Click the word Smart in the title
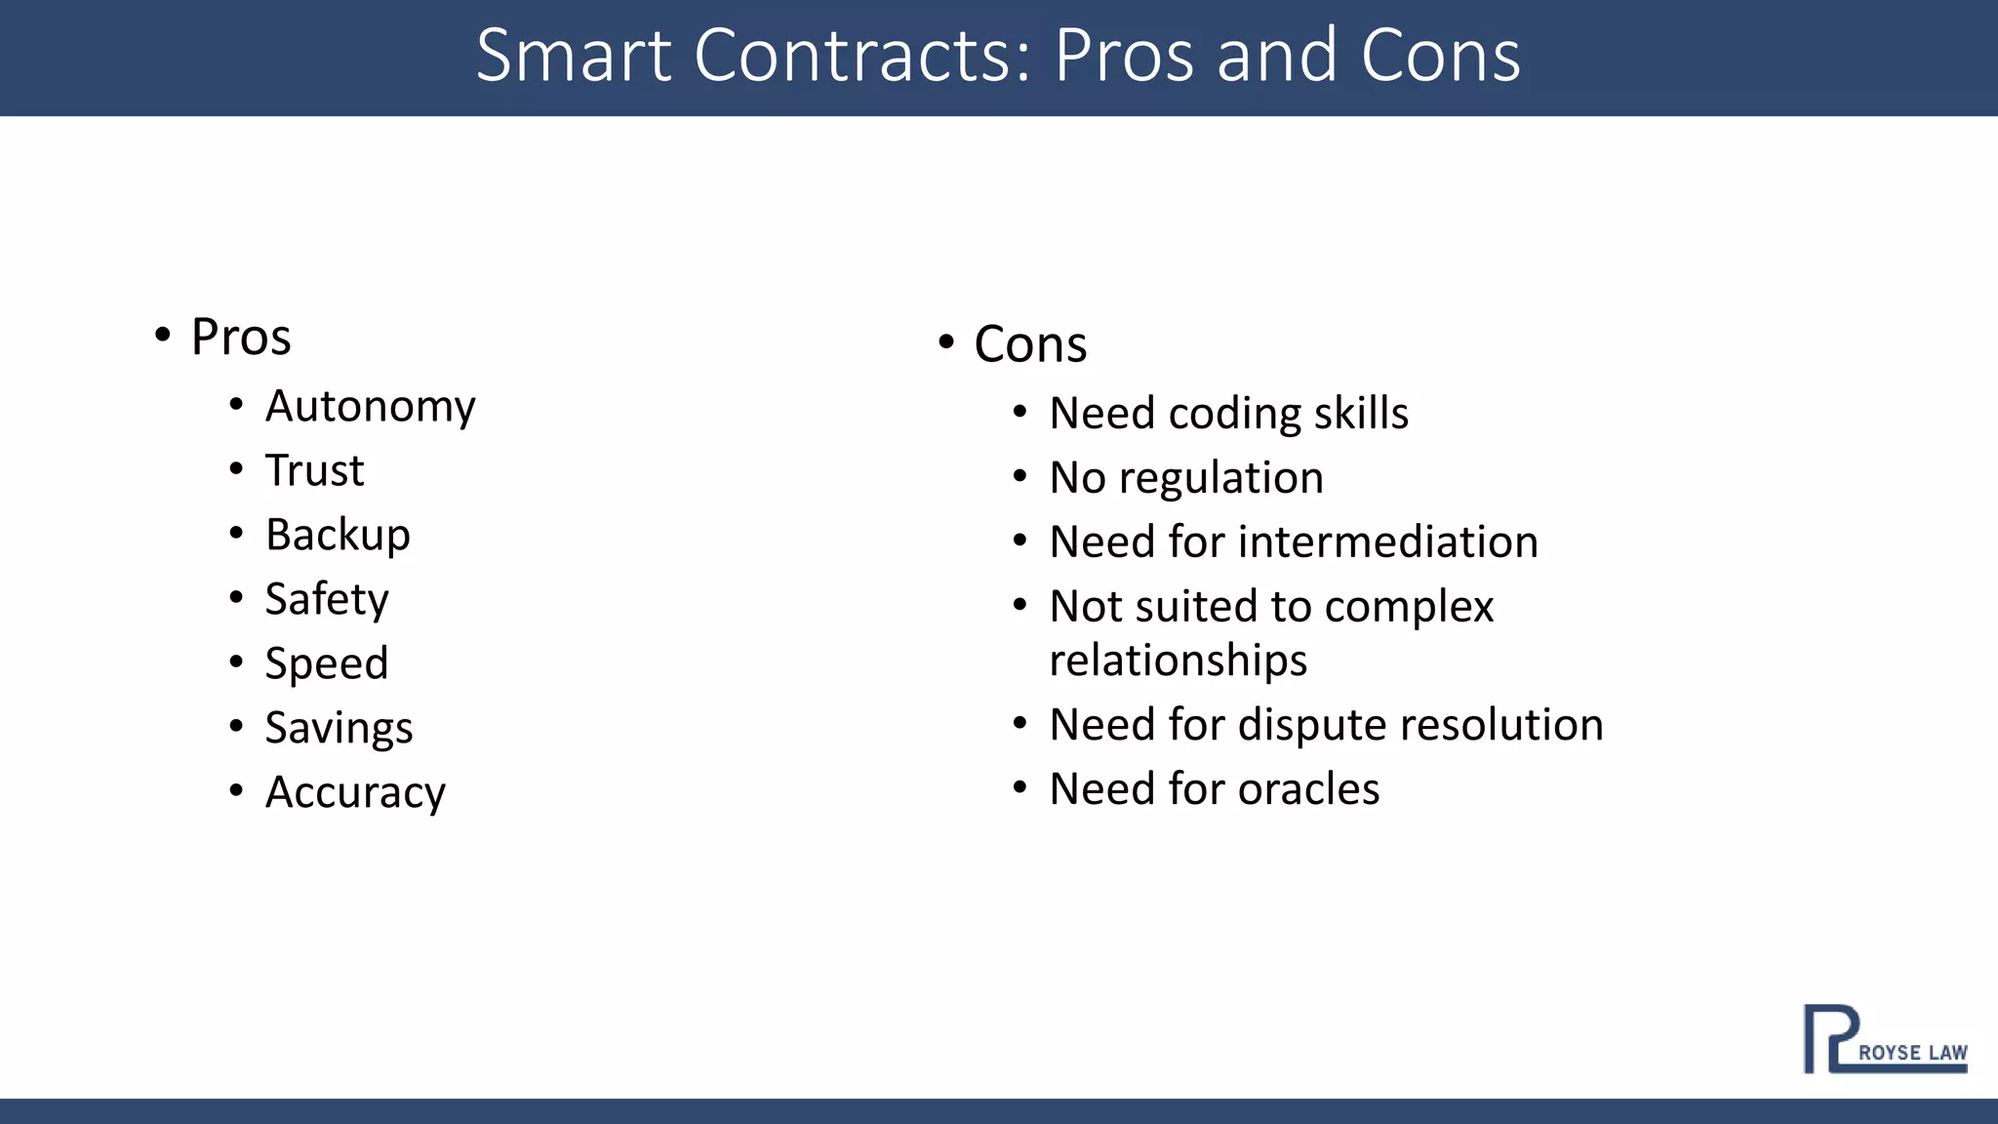(x=574, y=56)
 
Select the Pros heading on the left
(x=241, y=338)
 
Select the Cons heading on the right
(x=1030, y=344)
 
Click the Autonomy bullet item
(x=371, y=407)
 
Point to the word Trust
(x=314, y=470)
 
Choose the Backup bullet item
(x=338, y=535)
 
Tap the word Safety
(x=327, y=599)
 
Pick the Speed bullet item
(x=327, y=663)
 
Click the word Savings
(x=340, y=728)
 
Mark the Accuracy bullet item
(x=355, y=792)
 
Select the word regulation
(x=1221, y=478)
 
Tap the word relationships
(x=1178, y=661)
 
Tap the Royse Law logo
(x=1885, y=1039)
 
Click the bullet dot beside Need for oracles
(x=1019, y=787)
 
